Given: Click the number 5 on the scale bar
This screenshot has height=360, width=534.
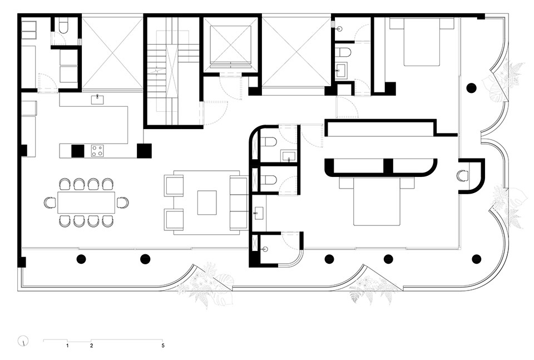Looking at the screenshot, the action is pos(163,346).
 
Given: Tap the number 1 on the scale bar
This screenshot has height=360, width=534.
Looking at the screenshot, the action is pos(67,346).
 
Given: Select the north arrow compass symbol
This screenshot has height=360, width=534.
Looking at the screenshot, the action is pos(23,341).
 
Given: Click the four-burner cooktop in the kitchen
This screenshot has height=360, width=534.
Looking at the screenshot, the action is pos(97,151).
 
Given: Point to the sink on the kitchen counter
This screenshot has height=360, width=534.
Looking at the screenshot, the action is pos(97,100).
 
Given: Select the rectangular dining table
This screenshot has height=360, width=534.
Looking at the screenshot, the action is pos(86,203).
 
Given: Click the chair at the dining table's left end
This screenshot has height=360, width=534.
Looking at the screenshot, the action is pos(50,203).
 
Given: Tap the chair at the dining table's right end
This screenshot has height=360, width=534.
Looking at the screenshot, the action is pos(122,203).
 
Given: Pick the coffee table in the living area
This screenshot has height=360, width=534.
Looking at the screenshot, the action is pos(207,203).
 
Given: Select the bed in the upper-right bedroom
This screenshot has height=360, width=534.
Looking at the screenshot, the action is pos(422,42).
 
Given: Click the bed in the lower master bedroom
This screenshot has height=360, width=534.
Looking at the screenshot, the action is pos(377,201).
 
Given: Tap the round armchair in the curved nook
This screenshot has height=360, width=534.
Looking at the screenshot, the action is pos(462,175).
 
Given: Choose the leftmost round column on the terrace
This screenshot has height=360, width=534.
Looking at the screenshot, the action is pos(81,259).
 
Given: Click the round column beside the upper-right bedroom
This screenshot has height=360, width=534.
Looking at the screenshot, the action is pos(471,88).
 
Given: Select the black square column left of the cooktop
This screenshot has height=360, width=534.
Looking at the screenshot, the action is pos(78,151).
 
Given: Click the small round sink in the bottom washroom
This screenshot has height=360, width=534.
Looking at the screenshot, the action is pos(266,250).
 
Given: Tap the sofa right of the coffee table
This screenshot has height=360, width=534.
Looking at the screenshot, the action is pos(239,203).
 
